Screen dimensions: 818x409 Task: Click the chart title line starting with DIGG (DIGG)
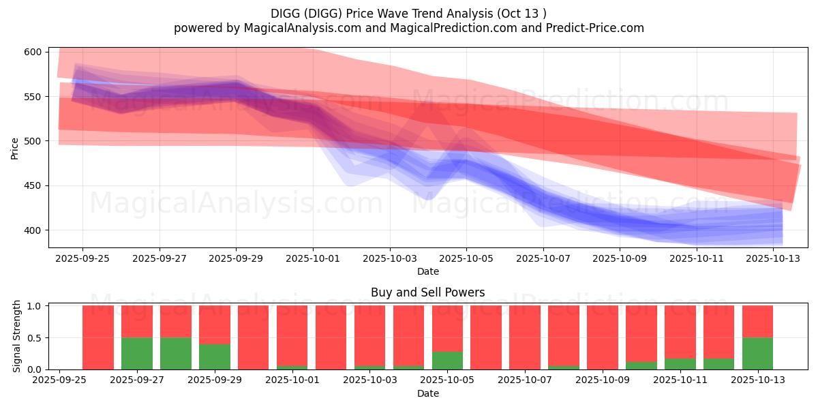click(408, 14)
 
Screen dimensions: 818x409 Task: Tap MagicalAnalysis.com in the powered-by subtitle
click(303, 28)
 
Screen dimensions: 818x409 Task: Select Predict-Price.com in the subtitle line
click(595, 28)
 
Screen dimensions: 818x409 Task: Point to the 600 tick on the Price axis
click(33, 52)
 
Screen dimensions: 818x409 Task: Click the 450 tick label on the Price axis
click(33, 186)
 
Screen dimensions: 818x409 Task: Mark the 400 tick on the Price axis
click(33, 230)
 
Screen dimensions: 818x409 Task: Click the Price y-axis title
click(14, 149)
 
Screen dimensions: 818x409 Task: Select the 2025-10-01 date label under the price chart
click(313, 258)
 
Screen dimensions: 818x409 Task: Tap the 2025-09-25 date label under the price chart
click(82, 258)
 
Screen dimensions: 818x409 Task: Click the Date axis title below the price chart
click(428, 271)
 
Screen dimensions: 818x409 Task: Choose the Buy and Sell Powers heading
click(428, 292)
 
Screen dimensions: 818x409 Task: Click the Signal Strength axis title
click(16, 336)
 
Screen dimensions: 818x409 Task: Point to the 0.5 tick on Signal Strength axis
click(35, 338)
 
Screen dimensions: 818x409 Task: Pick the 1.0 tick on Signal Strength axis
click(35, 306)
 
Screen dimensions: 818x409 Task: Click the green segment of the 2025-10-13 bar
click(758, 354)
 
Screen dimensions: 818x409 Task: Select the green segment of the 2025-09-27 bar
click(137, 354)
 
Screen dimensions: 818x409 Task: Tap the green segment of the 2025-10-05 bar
click(447, 361)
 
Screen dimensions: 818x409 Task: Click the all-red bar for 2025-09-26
click(98, 337)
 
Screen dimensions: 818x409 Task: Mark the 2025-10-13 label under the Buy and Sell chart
click(758, 380)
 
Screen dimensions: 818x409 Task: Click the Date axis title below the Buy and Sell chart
click(428, 393)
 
